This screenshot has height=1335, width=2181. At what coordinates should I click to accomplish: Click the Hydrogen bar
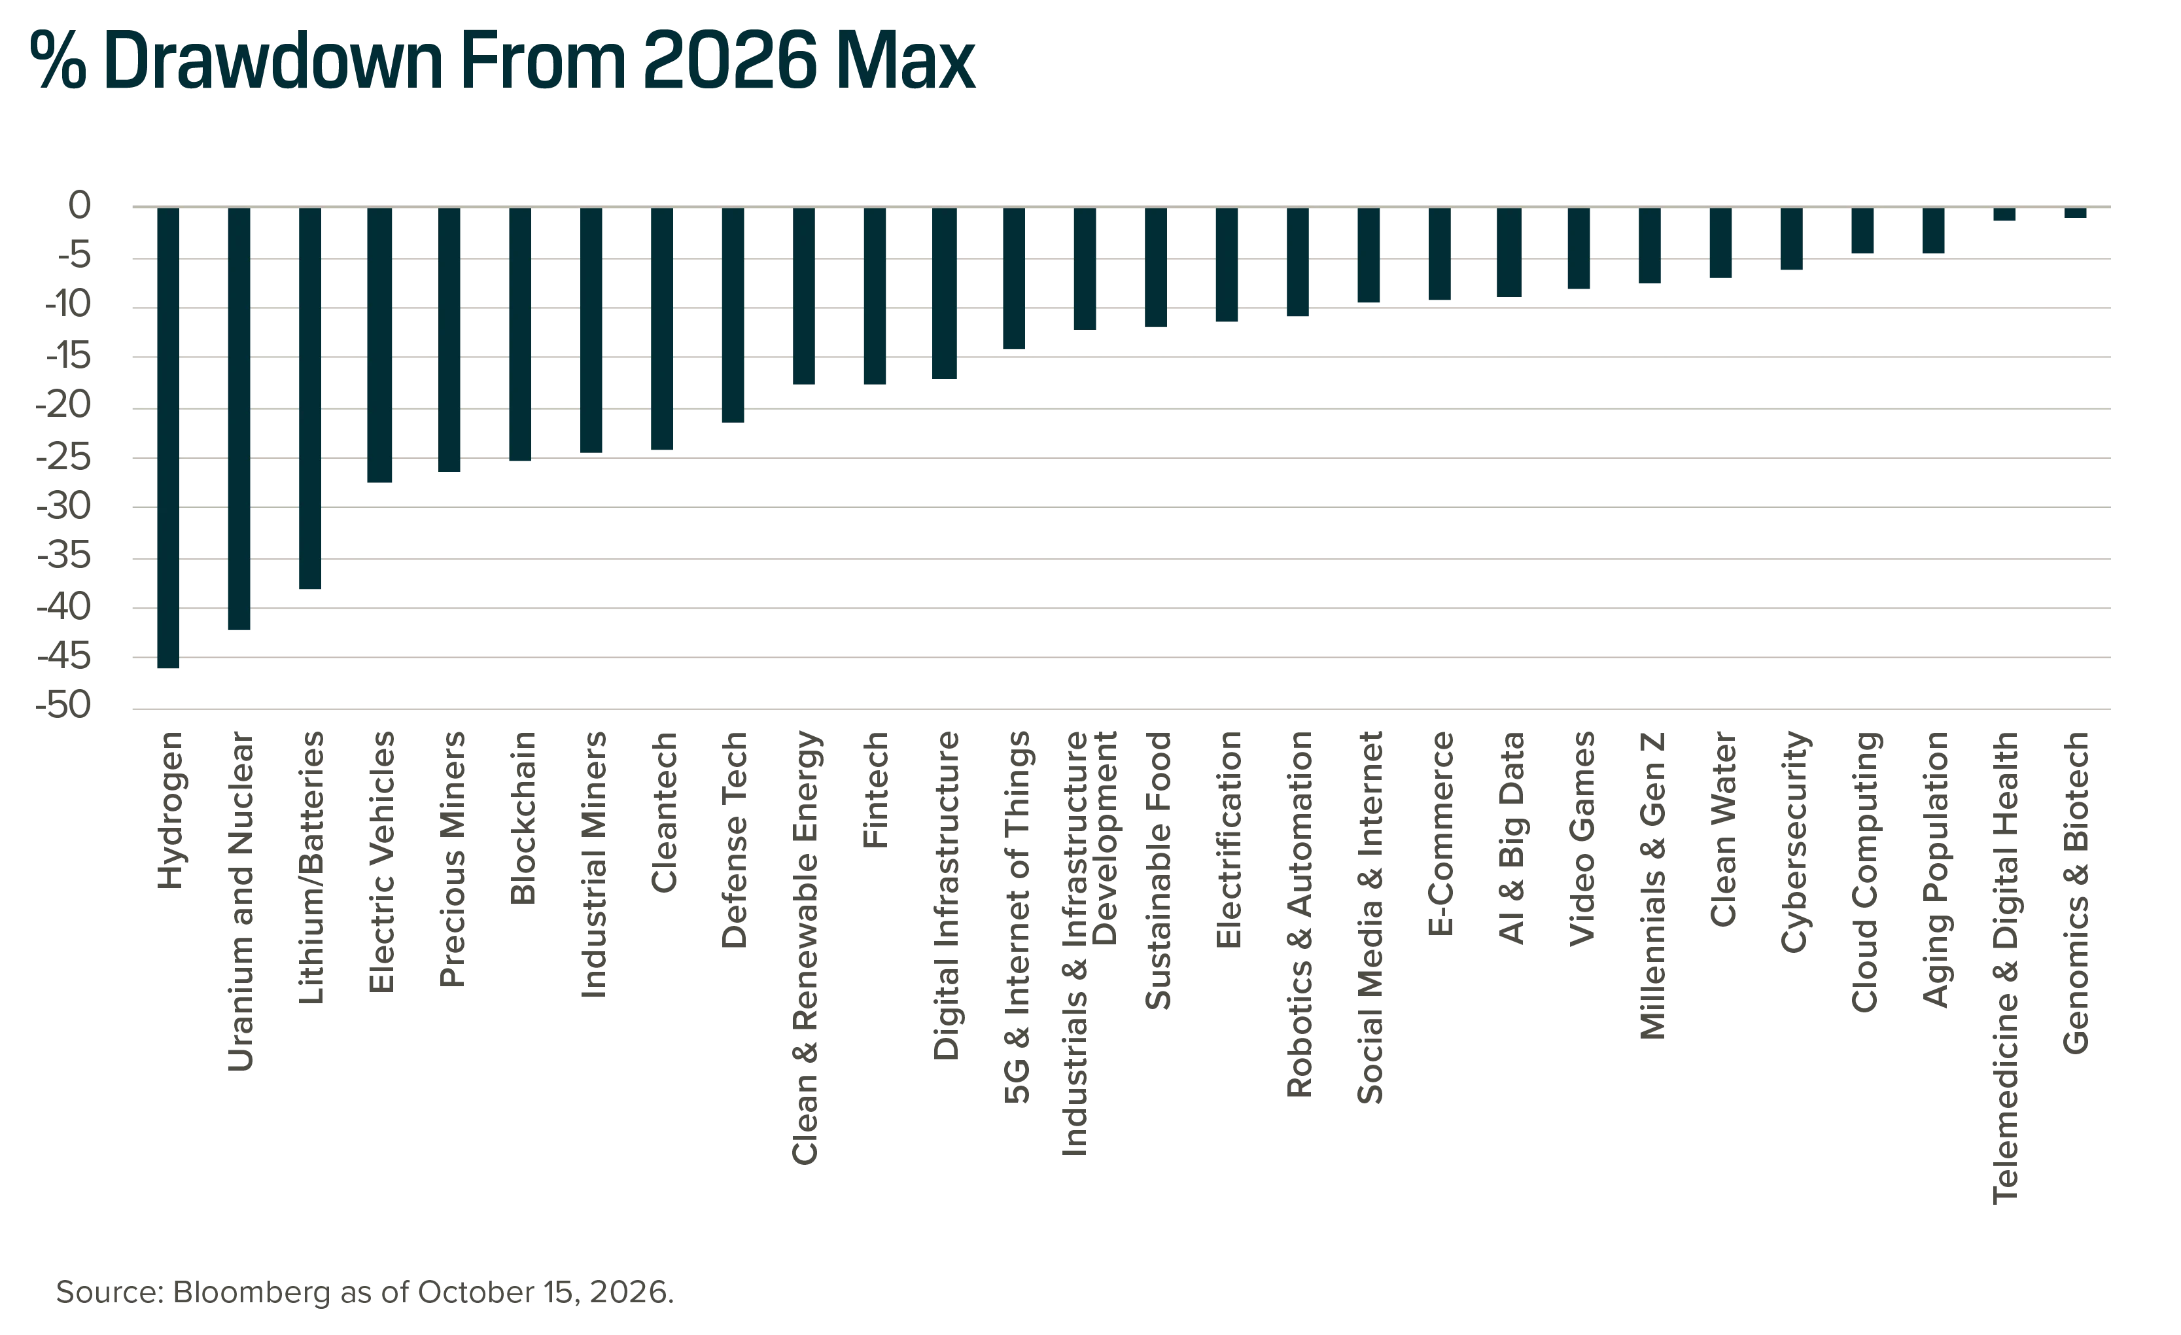(x=168, y=437)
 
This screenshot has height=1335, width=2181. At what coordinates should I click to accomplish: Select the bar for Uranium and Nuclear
(x=239, y=418)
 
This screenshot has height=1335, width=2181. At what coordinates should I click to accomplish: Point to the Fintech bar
(x=875, y=296)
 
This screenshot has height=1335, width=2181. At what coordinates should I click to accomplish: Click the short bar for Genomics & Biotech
(x=2076, y=213)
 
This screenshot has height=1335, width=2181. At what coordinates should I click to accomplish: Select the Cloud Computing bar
(x=1863, y=230)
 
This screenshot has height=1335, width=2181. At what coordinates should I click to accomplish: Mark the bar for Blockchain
(x=521, y=334)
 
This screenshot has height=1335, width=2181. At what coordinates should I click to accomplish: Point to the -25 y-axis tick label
(x=63, y=457)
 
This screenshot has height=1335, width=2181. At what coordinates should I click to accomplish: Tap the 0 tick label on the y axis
(x=80, y=205)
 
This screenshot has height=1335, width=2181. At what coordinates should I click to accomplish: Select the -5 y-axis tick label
(x=75, y=257)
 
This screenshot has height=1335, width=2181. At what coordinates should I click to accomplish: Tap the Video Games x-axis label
(x=1582, y=838)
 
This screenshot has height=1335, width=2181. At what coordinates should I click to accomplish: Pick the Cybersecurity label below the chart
(x=1794, y=842)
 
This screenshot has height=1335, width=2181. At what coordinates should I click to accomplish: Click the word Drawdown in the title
(x=273, y=60)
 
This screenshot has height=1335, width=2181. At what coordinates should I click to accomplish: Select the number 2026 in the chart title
(x=730, y=60)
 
